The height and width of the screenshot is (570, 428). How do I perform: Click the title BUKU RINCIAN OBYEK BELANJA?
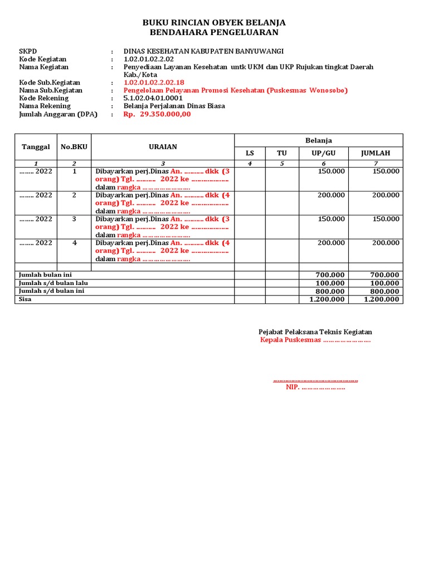pos(214,23)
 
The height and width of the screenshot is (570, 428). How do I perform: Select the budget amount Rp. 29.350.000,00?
pos(157,114)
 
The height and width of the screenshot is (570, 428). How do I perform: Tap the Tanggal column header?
pos(36,147)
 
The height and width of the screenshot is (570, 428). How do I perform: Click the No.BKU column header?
pos(74,147)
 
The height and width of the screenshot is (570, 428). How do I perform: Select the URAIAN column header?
pos(163,147)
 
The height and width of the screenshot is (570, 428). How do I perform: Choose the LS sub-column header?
pos(250,153)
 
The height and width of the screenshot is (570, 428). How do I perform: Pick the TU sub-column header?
pos(282,153)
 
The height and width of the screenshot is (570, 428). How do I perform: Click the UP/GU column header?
pos(324,153)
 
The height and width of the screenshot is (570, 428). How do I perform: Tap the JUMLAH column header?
pos(376,153)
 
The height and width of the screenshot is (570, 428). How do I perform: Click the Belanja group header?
pos(318,140)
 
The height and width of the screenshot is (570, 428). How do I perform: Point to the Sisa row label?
pos(26,299)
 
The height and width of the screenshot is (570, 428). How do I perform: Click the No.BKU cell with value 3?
pos(74,219)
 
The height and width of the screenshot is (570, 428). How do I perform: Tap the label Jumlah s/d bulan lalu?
pos(53,283)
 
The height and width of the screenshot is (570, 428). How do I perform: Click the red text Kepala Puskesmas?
pos(290,340)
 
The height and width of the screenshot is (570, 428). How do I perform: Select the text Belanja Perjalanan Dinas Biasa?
pos(174,106)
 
